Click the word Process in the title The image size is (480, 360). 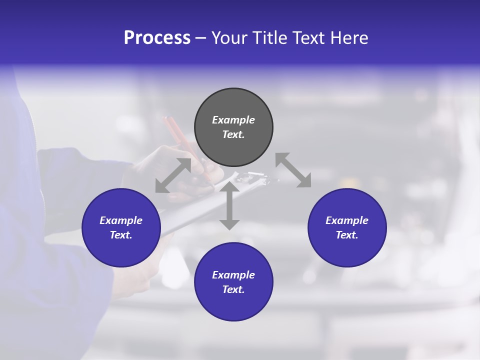pyautogui.click(x=157, y=38)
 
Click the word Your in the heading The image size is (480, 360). pyautogui.click(x=229, y=38)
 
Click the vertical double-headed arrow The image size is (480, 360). pyautogui.click(x=229, y=206)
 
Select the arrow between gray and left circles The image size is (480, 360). pyautogui.click(x=173, y=175)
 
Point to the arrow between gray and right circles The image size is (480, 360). pyautogui.click(x=293, y=170)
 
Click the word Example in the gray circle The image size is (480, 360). pyautogui.click(x=233, y=120)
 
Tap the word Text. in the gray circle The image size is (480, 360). pyautogui.click(x=233, y=134)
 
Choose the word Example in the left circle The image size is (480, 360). pyautogui.click(x=121, y=220)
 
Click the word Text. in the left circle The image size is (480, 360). pyautogui.click(x=121, y=235)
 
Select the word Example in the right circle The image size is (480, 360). pyautogui.click(x=347, y=220)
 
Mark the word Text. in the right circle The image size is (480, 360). pyautogui.click(x=347, y=235)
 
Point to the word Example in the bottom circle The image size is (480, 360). pyautogui.click(x=233, y=275)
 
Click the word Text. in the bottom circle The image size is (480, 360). pyautogui.click(x=233, y=289)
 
